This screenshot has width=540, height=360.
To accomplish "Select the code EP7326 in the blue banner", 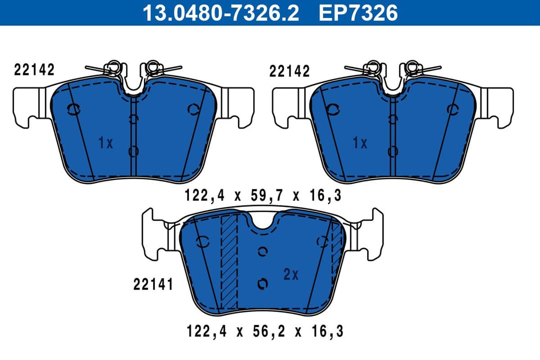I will pos(358,12).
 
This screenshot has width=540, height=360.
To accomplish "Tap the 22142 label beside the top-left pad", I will pos(34,70).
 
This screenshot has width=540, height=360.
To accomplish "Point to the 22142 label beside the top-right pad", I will pos(289,71).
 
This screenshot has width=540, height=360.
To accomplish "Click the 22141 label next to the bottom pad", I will pos(153,284).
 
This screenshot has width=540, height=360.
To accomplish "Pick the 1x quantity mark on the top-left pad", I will pos(105,143).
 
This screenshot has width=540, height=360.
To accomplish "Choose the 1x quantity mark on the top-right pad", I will pos(360,143).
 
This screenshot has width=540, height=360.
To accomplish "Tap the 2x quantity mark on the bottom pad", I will pos(290,274).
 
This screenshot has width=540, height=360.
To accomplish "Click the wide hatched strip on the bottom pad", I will pos(229,262).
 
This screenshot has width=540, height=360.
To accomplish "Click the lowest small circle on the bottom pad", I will pos(262,284).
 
